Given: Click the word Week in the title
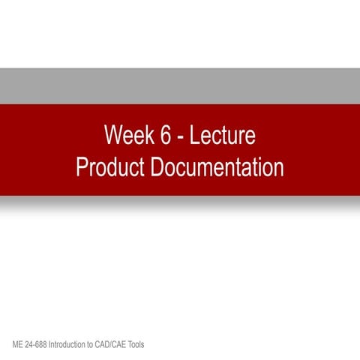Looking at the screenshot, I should [x=127, y=136].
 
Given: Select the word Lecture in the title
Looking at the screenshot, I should [x=223, y=136].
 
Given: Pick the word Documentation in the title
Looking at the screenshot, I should [x=217, y=166].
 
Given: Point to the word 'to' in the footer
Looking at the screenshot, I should [x=100, y=344].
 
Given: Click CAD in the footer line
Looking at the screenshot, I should [x=112, y=344].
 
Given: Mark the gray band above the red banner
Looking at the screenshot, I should [x=180, y=85].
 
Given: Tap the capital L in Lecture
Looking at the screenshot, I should [x=194, y=136].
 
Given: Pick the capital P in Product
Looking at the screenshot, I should [x=81, y=166].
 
